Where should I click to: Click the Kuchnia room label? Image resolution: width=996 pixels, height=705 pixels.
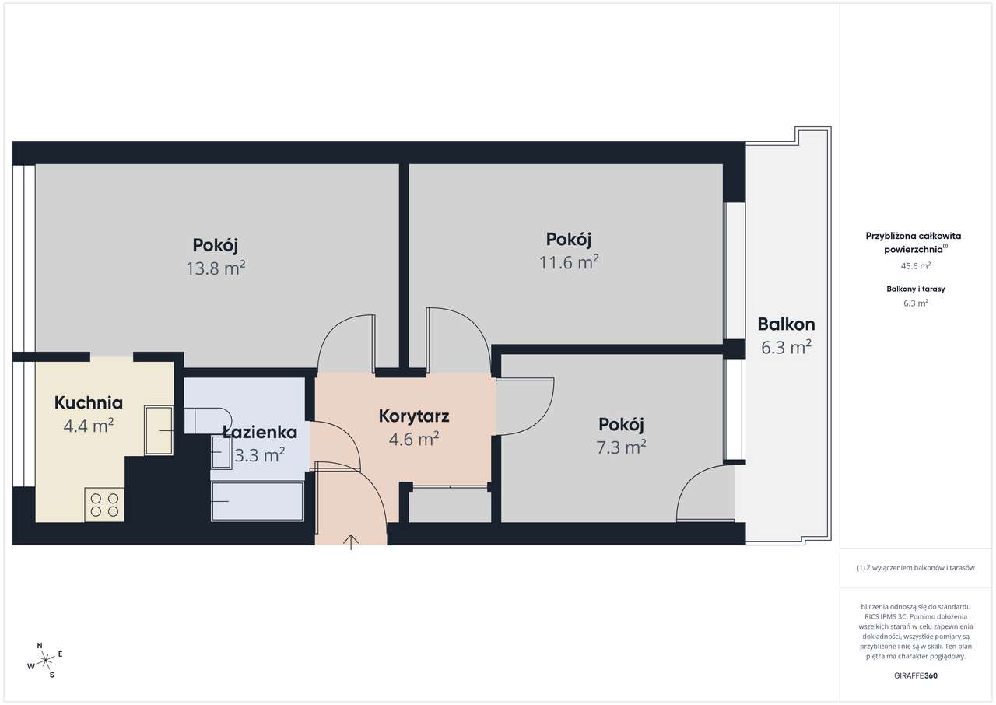tap(89, 403)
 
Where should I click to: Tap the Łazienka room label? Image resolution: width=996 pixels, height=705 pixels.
tap(260, 432)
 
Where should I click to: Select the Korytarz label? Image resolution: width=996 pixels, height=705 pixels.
tap(414, 416)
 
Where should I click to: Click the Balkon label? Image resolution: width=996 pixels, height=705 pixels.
tap(786, 324)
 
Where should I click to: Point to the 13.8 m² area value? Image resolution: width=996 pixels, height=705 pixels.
tap(216, 268)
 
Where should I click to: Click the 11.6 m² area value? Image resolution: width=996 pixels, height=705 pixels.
tap(569, 263)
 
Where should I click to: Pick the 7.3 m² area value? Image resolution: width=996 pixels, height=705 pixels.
tap(621, 447)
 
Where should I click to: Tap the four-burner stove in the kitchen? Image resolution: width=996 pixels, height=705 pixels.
tap(104, 505)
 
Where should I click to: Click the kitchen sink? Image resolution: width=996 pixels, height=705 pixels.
tap(159, 430)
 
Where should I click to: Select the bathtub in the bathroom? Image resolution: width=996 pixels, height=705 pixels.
tap(258, 501)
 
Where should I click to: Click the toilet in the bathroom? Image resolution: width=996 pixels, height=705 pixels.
tap(208, 420)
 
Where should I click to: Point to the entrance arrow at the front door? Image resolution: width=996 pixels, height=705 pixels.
tap(351, 542)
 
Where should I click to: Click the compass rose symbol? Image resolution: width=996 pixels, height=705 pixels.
tap(45, 661)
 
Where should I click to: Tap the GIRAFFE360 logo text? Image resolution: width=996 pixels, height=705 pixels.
tap(916, 675)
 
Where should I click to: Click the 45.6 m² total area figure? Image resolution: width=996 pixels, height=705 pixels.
tap(916, 266)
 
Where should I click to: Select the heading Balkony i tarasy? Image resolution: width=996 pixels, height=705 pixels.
tap(916, 289)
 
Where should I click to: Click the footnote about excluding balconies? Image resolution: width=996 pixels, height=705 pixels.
tap(916, 567)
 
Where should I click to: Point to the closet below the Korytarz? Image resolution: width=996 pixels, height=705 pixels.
tap(450, 505)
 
